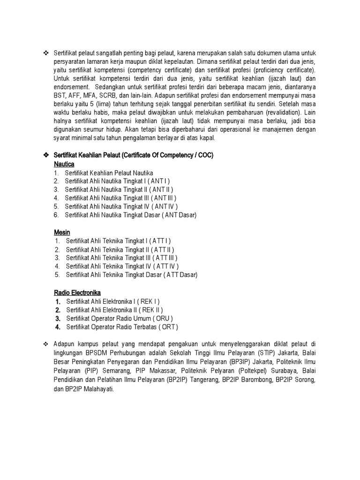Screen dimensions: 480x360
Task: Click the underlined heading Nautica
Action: pos(64,165)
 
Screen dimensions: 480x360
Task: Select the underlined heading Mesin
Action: pos(62,232)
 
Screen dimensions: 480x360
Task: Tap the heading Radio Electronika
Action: pos(77,292)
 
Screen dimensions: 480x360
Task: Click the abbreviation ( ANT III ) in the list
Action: pos(164,198)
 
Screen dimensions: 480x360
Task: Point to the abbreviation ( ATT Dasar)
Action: pos(180,275)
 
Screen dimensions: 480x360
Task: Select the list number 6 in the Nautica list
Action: pos(56,215)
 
